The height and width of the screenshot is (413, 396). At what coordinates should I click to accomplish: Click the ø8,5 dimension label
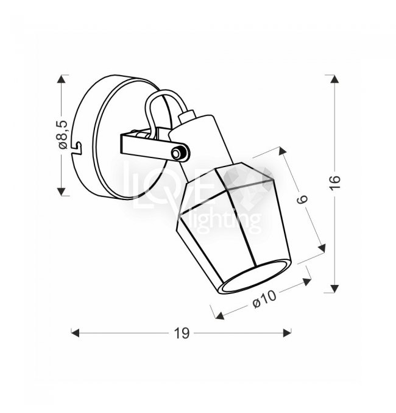pos(63,135)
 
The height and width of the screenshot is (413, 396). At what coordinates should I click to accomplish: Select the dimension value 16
pos(335,182)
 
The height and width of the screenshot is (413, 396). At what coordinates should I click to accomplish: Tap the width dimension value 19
pos(182,333)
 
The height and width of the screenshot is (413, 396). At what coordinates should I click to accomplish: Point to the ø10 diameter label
pos(264,299)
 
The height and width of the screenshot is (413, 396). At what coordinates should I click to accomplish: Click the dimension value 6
pos(302,199)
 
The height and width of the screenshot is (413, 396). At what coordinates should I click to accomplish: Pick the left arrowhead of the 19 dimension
pos(75,332)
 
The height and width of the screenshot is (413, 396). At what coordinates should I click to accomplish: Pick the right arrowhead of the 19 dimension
pos(287,332)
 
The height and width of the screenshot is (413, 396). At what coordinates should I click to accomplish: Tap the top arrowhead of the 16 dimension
pos(334,79)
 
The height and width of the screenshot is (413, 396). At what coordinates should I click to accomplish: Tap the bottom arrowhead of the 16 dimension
pos(334,289)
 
